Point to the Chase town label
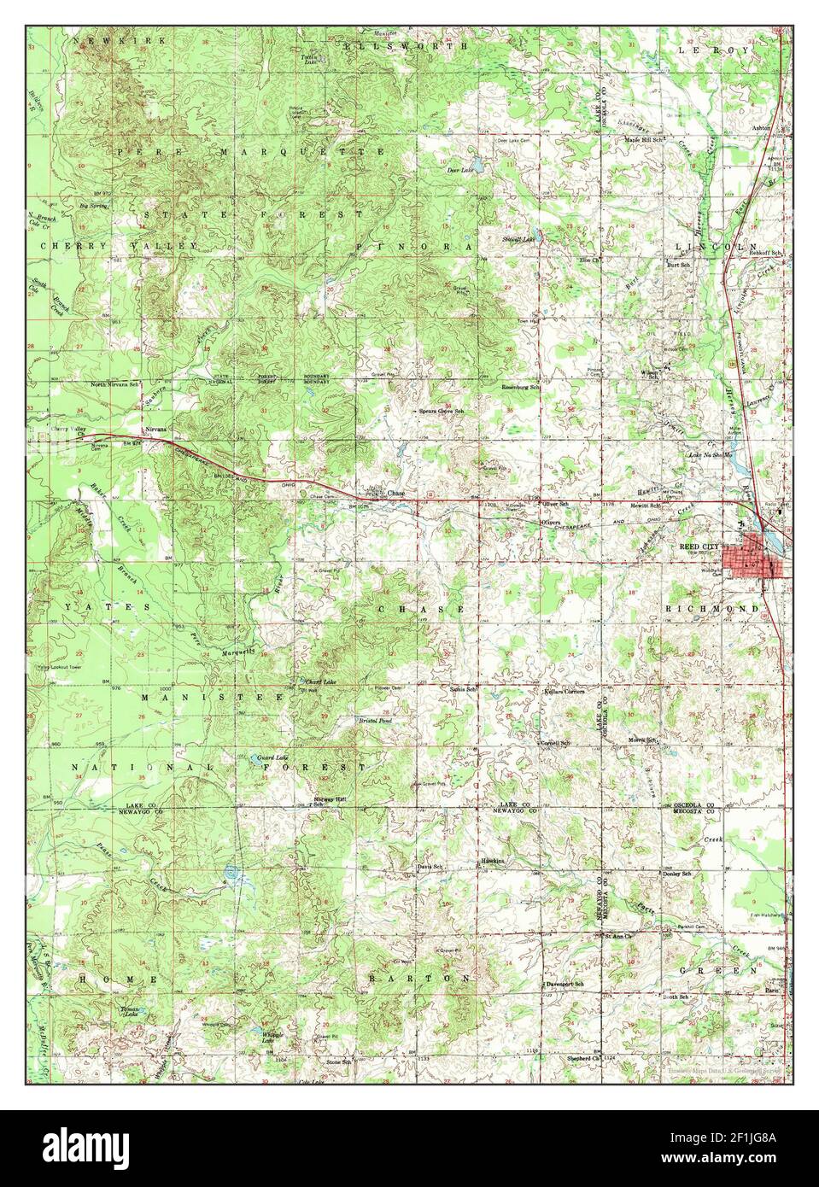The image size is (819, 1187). [395, 494]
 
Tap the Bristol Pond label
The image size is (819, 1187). [374, 721]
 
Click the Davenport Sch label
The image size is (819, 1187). [565, 984]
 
